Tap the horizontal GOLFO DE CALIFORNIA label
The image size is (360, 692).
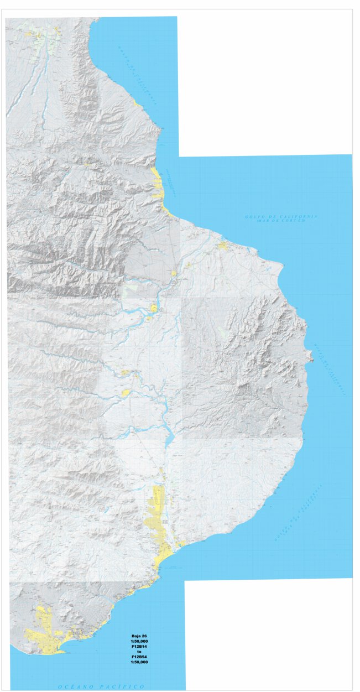click(281, 216)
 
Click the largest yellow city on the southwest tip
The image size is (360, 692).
click(47, 633)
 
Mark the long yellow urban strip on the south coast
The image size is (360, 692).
click(158, 525)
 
